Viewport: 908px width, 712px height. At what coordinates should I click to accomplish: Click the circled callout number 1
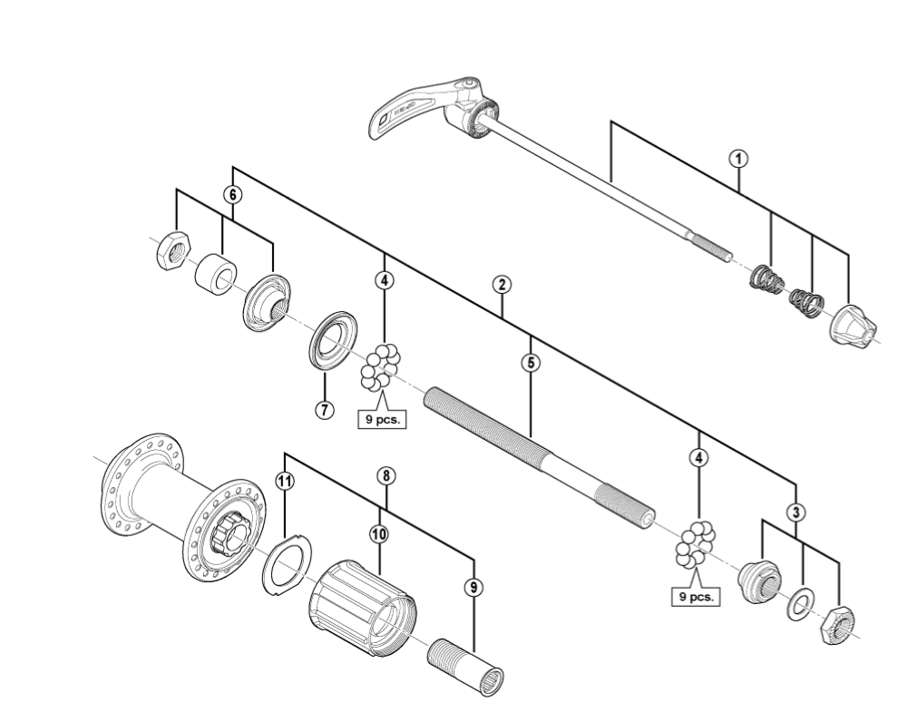[739, 158]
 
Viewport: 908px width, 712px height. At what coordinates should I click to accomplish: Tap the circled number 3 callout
[795, 512]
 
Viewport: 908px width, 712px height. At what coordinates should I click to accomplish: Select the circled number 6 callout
[233, 194]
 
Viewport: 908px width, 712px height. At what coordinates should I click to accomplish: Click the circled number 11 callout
[285, 482]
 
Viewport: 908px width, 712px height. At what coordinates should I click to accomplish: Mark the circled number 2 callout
[502, 284]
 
